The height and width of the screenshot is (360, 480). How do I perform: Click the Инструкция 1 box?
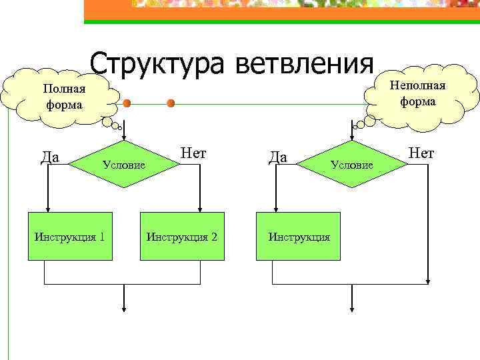(x=69, y=236)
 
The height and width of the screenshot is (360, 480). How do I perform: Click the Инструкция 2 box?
(x=182, y=236)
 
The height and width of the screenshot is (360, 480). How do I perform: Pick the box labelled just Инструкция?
(x=299, y=236)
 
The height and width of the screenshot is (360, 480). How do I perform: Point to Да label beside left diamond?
(x=51, y=157)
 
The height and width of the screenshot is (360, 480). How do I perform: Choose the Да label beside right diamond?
(x=277, y=157)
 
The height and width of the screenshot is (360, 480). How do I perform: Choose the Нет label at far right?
(x=421, y=153)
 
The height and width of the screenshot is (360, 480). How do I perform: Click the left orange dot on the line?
(x=126, y=103)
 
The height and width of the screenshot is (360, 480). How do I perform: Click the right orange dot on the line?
(x=171, y=103)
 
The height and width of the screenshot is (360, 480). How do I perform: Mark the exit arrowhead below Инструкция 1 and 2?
(x=125, y=307)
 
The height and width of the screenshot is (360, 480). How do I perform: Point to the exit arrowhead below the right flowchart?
(x=353, y=307)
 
